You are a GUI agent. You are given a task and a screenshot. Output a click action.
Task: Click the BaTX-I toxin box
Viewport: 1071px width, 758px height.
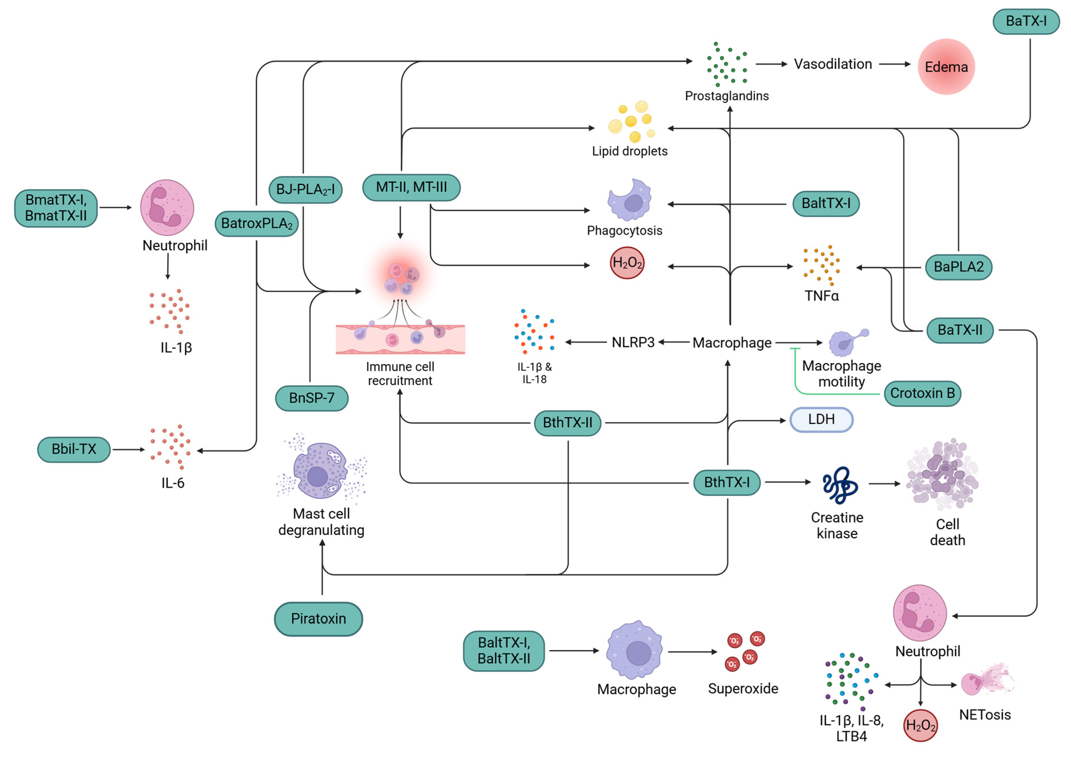[x=1026, y=21]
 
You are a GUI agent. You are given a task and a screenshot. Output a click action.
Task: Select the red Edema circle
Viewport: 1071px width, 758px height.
[x=946, y=67]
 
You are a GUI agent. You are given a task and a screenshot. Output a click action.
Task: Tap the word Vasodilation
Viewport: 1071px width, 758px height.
[x=833, y=64]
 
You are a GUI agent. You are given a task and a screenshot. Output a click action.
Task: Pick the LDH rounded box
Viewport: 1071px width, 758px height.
[x=821, y=420]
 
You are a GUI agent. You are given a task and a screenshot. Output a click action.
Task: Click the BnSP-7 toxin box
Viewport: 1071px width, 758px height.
[x=312, y=398]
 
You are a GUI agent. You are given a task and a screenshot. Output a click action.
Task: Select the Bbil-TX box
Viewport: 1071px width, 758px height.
[x=74, y=449]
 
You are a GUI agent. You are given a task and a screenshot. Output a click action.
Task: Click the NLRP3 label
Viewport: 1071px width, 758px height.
[x=633, y=343]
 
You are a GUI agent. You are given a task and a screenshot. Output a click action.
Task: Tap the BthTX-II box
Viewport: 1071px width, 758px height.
[x=567, y=423]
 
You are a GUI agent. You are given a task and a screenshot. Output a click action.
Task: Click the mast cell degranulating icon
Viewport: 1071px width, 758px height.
[x=321, y=470]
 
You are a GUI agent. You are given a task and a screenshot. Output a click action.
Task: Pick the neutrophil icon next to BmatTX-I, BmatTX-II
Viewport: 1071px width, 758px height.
[x=167, y=208]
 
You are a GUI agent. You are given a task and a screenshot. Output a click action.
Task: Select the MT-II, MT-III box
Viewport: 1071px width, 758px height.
[x=411, y=188]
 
